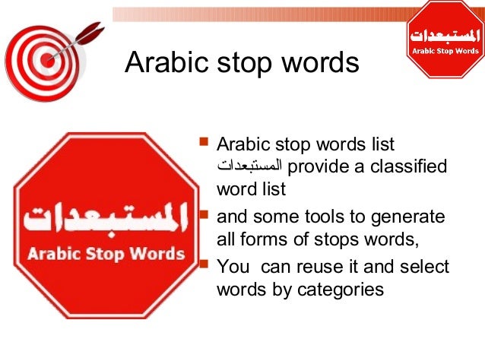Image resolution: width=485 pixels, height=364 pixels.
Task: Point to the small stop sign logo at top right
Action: (445, 40)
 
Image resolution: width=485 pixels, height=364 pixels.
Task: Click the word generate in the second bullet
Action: (409, 217)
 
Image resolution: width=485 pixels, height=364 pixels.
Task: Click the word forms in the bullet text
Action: (265, 240)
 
